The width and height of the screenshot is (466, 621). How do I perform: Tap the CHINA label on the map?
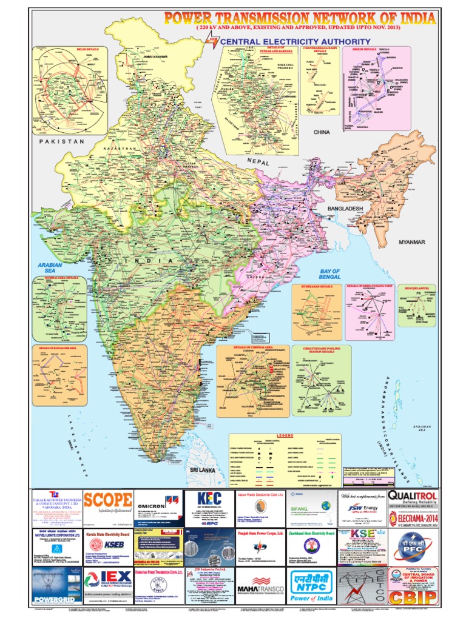click(320, 131)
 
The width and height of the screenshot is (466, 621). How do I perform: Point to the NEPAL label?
click(257, 162)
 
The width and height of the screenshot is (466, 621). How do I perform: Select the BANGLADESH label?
click(345, 209)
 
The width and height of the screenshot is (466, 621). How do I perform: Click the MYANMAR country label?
click(412, 242)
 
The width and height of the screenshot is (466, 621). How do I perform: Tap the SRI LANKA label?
click(201, 470)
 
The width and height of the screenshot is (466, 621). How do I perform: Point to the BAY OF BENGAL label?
click(330, 275)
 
